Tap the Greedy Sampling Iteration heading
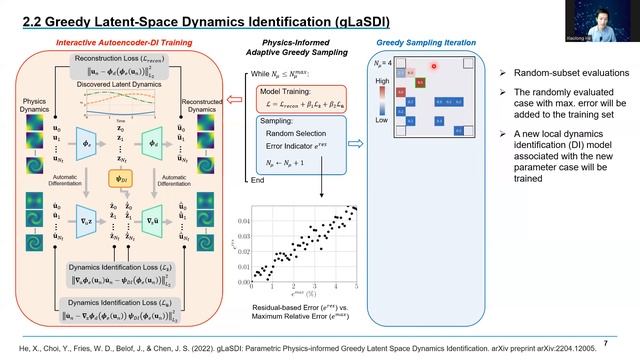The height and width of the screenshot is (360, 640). (x=419, y=42)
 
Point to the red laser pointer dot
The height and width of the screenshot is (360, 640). (x=435, y=66)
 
